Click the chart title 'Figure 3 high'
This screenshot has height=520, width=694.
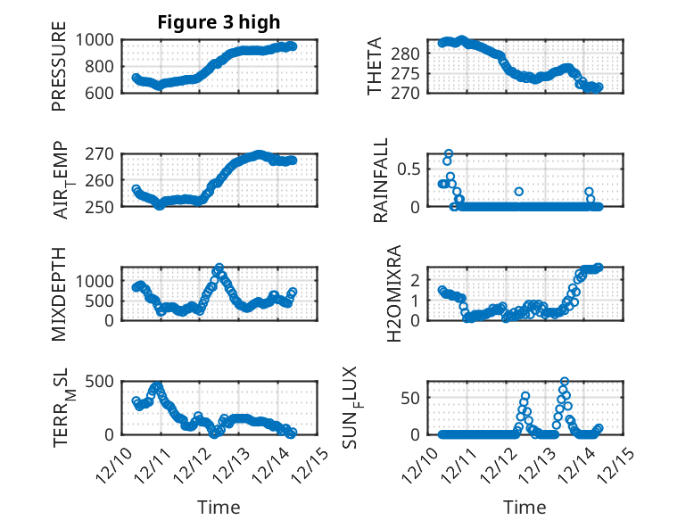(x=219, y=22)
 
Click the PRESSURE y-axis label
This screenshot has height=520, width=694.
(x=59, y=72)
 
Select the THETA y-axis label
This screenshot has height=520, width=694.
(x=375, y=66)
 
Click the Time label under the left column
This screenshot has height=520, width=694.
(x=219, y=507)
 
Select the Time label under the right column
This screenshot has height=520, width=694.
(x=525, y=507)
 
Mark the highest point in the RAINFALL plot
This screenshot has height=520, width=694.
(x=449, y=153)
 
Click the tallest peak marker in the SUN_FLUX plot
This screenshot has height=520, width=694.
(x=564, y=382)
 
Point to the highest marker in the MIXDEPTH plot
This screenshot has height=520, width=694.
(x=219, y=268)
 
